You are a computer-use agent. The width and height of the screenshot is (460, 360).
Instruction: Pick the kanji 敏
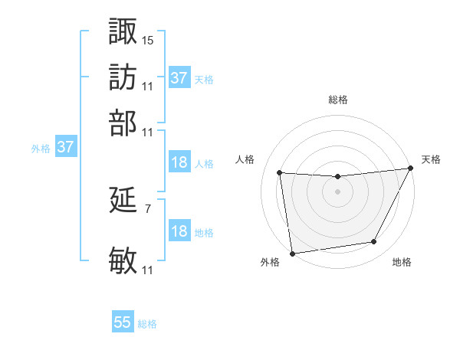123,260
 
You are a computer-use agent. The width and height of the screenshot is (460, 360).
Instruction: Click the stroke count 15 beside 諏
148,39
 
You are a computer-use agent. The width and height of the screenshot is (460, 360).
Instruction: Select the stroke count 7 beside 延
148,207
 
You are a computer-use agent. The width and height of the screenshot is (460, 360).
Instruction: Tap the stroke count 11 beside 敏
148,270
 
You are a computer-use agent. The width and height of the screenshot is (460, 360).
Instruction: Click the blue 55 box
123,322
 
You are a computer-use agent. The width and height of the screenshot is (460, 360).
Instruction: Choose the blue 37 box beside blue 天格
179,78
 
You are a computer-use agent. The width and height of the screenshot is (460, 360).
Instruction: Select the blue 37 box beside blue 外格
65,147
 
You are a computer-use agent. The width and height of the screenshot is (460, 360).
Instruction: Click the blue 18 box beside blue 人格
179,162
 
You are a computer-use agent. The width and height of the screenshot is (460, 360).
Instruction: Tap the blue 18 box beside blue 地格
179,231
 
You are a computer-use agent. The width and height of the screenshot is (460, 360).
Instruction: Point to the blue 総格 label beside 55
147,324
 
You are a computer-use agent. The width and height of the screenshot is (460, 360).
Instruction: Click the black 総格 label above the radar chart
337,100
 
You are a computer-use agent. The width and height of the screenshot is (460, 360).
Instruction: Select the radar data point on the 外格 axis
292,254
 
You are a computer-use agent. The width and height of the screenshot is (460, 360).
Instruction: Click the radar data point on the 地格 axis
374,242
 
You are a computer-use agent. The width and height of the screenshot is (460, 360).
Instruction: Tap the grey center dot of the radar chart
337,191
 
